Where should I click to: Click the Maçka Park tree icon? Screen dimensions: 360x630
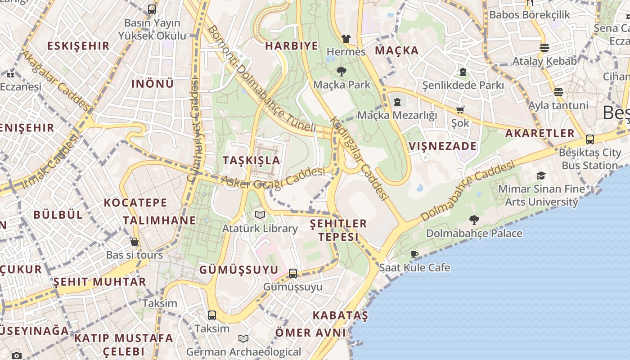(341, 71)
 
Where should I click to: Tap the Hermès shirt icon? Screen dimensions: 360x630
(346, 39)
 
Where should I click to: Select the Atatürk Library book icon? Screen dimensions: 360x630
(260, 215)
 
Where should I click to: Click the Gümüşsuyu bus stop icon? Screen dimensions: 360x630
(292, 273)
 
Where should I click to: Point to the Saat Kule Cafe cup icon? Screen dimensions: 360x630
(414, 254)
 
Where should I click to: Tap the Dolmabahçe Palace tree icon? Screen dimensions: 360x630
(474, 220)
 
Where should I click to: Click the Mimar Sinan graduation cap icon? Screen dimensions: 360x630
(541, 175)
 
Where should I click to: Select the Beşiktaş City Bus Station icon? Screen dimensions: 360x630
(589, 139)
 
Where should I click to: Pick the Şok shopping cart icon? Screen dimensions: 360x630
(460, 110)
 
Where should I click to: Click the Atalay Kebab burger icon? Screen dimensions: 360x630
(544, 48)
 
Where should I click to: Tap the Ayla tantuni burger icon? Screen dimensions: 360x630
(558, 92)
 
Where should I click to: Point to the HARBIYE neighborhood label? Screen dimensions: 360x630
(292, 46)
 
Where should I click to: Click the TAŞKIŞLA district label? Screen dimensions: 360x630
(251, 160)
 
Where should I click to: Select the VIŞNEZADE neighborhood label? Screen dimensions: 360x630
(443, 146)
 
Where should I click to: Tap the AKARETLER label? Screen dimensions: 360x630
(540, 133)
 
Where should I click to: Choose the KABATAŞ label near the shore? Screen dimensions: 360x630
(340, 315)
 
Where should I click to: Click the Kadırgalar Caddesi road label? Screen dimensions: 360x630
(359, 158)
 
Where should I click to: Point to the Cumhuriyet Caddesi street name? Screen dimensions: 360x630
(194, 130)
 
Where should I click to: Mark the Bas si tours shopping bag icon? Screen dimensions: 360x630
(134, 242)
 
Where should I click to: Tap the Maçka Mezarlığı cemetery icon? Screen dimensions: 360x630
(397, 102)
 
